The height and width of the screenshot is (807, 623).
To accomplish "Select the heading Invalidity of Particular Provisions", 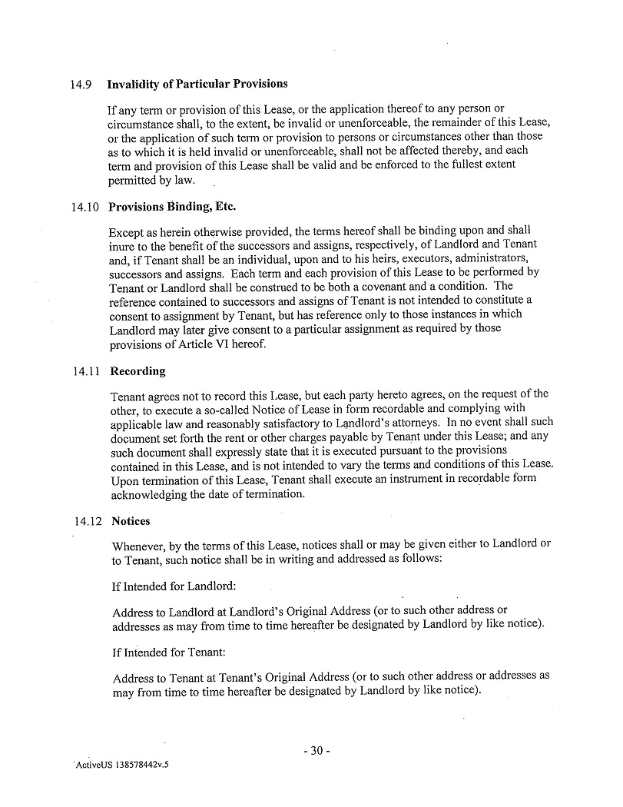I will coord(197,84).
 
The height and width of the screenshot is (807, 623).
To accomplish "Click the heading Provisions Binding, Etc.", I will coord(172,207).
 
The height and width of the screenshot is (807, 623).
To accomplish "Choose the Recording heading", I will coord(138,371).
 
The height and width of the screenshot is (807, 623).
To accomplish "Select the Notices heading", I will coord(131,521).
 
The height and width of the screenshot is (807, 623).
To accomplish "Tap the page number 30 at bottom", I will coord(316,751).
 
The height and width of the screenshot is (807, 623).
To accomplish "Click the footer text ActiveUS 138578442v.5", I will coord(121,766).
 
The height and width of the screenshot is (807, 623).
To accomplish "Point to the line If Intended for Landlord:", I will coord(174,586).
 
